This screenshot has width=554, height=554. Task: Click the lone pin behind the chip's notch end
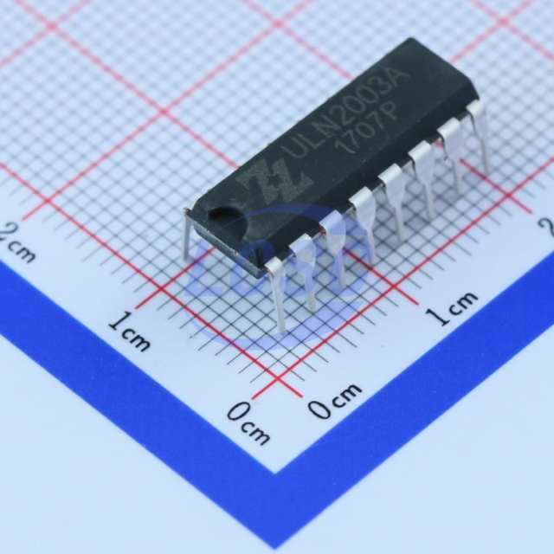click(186, 233)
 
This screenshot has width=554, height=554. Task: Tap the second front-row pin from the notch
click(306, 272)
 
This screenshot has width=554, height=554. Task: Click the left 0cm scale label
click(248, 423)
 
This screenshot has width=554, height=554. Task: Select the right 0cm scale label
click(335, 398)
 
